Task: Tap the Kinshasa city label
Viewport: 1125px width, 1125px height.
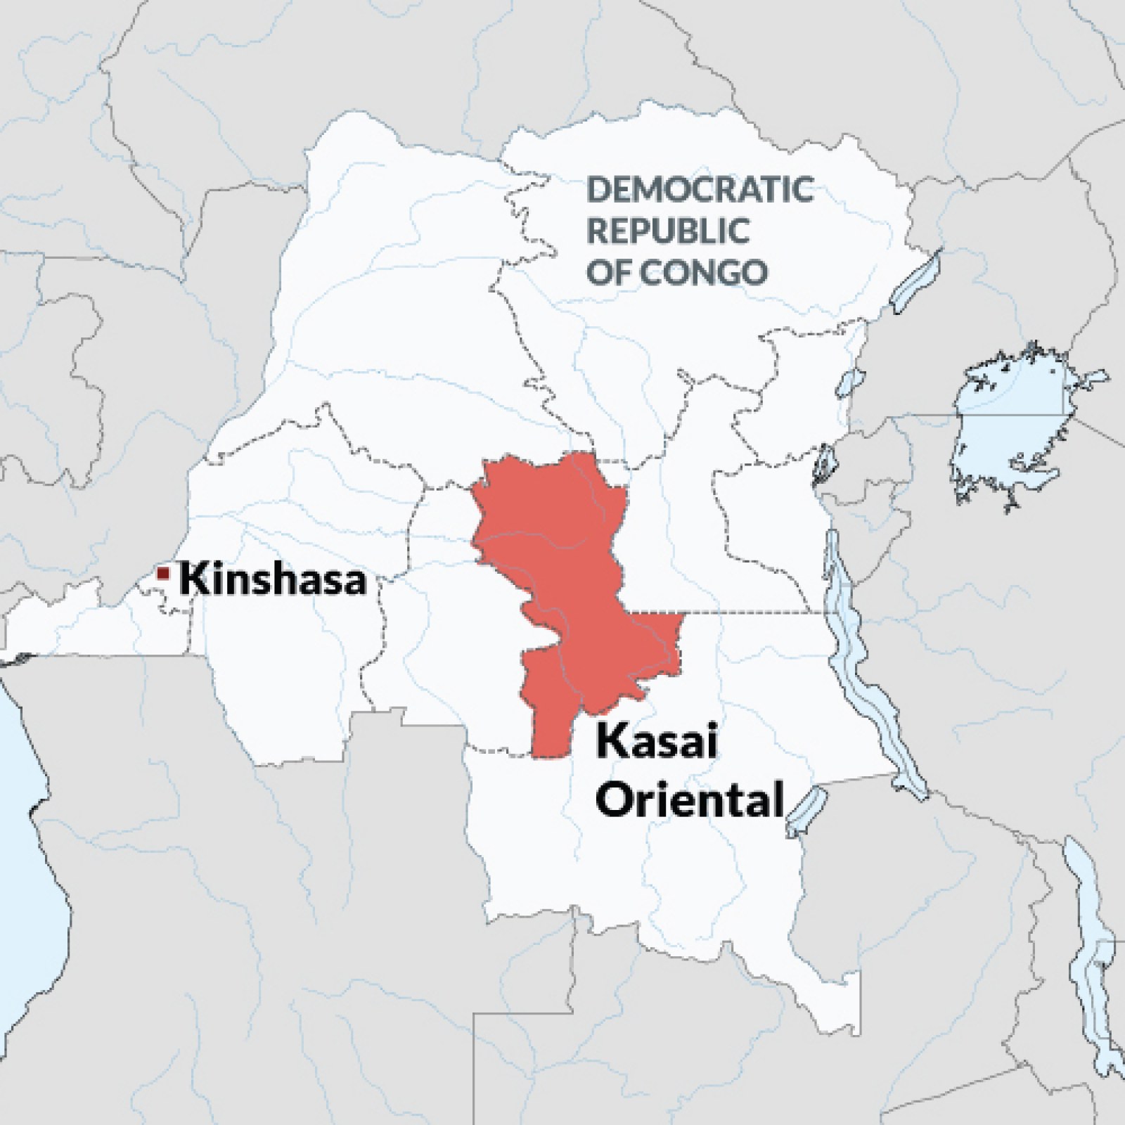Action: [x=273, y=581]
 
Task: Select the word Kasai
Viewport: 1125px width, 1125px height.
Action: [x=656, y=742]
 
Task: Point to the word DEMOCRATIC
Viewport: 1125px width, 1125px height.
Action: [x=700, y=190]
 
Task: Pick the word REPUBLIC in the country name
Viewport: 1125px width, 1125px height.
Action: [x=668, y=231]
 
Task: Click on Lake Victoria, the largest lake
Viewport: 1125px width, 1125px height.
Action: [x=1012, y=429]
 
